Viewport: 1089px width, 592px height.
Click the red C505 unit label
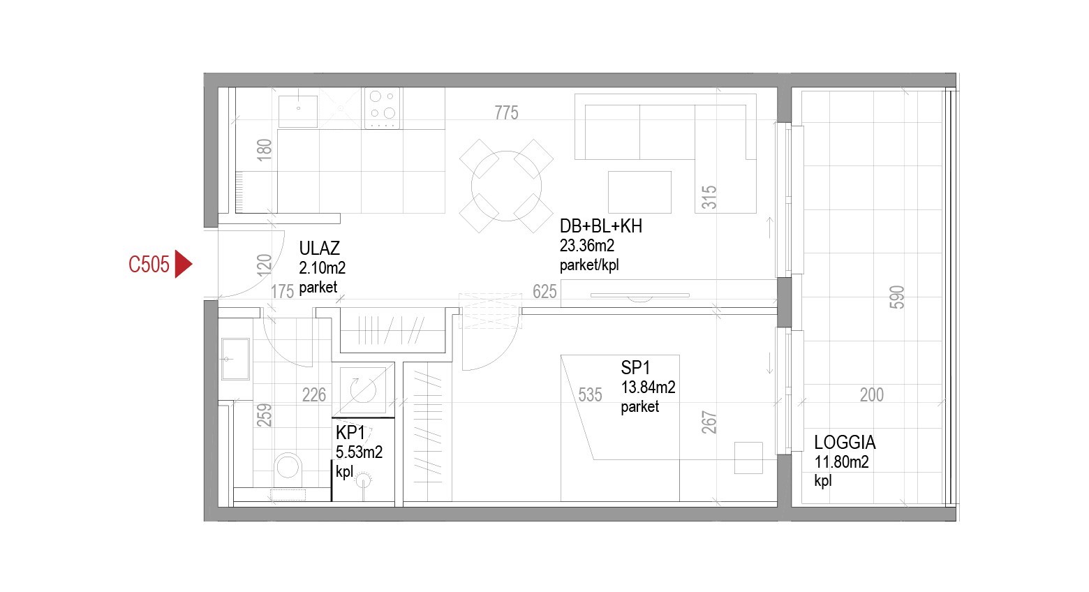click(149, 265)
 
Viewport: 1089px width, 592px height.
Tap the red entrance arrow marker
click(183, 265)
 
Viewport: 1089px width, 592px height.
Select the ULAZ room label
click(319, 249)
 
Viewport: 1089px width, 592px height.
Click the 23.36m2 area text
click(587, 246)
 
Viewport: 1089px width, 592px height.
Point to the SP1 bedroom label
click(635, 367)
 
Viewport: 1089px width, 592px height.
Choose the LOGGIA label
click(845, 443)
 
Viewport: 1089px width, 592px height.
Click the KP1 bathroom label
click(350, 432)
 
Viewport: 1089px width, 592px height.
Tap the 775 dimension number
click(507, 113)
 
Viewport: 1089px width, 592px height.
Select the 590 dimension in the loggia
click(897, 297)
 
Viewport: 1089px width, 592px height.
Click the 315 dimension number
click(709, 198)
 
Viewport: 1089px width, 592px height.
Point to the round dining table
click(506, 186)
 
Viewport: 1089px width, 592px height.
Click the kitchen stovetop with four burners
click(382, 108)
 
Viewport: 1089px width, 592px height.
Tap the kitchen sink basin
click(298, 111)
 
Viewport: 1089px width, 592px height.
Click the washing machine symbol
click(363, 390)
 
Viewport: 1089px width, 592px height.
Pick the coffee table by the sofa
click(639, 192)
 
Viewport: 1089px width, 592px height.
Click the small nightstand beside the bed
click(748, 458)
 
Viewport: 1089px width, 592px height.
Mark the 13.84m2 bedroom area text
click(648, 387)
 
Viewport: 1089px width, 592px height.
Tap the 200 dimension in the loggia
click(872, 394)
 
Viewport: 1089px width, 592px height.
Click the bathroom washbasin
click(235, 360)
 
